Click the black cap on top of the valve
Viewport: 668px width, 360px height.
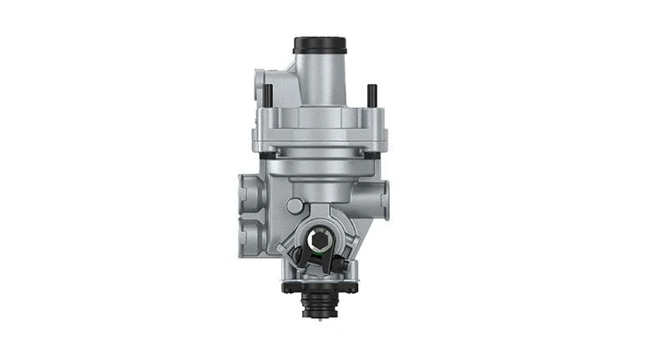tap(320, 44)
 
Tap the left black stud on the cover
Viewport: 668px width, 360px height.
tap(267, 94)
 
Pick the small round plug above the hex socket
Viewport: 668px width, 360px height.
tap(295, 205)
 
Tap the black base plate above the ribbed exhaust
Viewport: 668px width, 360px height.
tap(321, 286)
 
